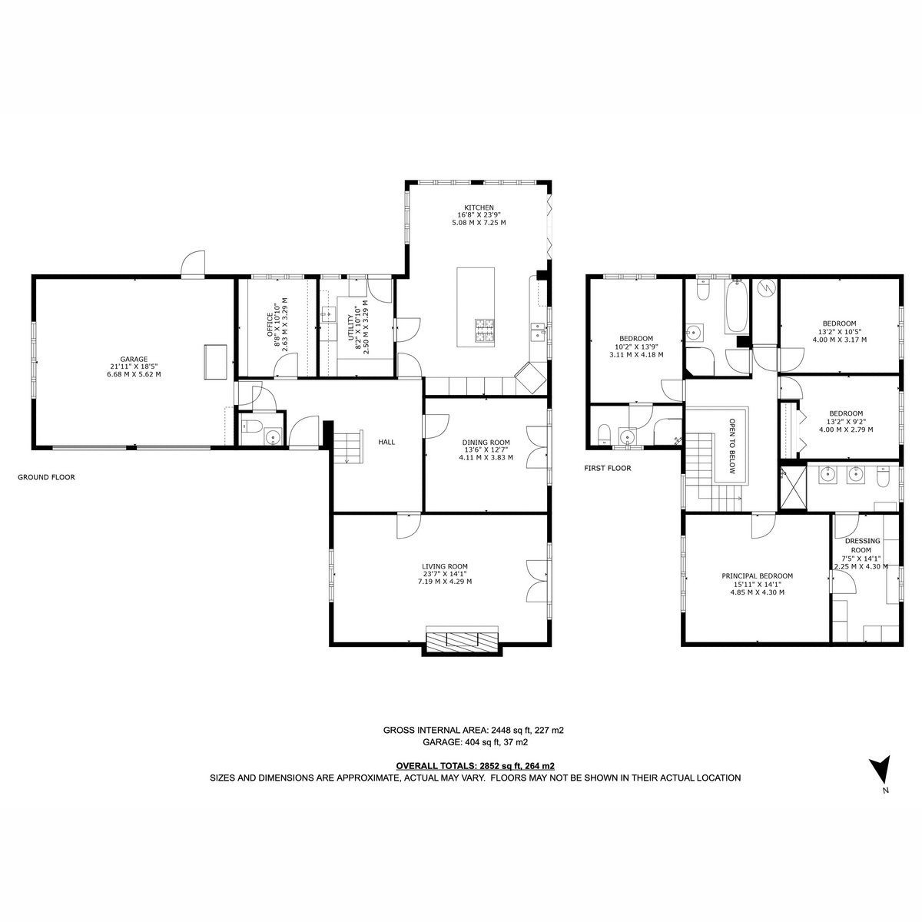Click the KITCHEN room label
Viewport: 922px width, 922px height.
click(x=479, y=207)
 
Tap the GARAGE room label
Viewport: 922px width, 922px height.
click(x=134, y=360)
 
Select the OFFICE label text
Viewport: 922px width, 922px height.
click(x=270, y=325)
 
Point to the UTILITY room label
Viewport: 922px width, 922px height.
click(x=350, y=327)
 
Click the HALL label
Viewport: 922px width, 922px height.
click(x=386, y=442)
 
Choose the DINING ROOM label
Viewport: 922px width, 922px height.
click(x=486, y=443)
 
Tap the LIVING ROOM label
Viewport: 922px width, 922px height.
click(x=445, y=566)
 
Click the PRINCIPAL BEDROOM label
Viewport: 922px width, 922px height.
click(x=757, y=576)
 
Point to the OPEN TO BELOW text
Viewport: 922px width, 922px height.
click(x=731, y=446)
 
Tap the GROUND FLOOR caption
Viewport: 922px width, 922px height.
click(x=46, y=477)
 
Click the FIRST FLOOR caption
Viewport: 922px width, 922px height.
click(x=608, y=468)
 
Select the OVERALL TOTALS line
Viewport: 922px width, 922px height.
click(x=475, y=766)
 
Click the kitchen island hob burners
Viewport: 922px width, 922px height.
click(x=484, y=330)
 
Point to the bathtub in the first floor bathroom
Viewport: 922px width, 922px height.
click(x=736, y=307)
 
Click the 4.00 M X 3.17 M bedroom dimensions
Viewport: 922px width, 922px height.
click(x=839, y=340)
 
